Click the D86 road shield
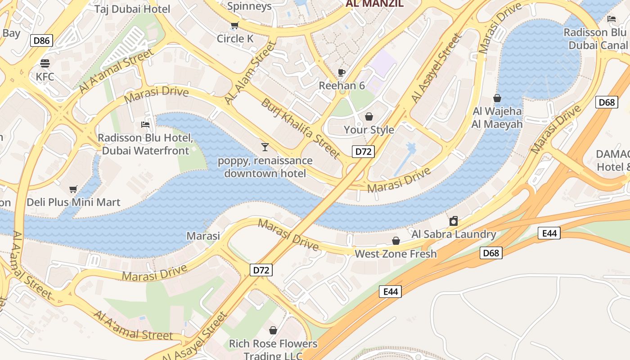42,41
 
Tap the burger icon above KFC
45,63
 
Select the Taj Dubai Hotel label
132,9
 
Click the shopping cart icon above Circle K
234,25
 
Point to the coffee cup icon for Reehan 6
342,72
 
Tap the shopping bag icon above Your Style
369,117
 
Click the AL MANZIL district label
374,4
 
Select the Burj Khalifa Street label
300,128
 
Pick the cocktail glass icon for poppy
265,147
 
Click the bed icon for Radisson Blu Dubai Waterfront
145,124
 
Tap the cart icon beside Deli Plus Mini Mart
73,189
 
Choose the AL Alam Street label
250,73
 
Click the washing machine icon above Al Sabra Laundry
454,221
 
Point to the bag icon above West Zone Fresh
396,241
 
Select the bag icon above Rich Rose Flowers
273,330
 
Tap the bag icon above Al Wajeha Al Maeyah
497,98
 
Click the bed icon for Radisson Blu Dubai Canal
612,19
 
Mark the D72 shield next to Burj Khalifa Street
363,152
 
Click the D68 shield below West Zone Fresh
490,253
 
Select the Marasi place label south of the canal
203,236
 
